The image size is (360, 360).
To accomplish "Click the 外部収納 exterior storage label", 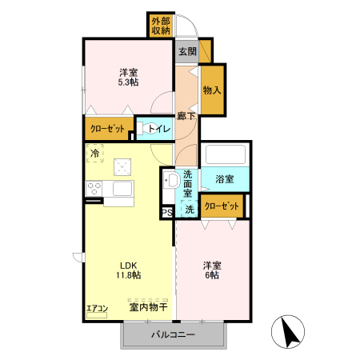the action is (x=161, y=26).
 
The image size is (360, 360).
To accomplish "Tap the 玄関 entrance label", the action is (x=187, y=51).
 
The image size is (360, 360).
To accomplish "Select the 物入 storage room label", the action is (x=212, y=90).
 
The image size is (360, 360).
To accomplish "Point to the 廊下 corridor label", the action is (x=186, y=116).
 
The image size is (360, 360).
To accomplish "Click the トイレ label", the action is (x=159, y=129).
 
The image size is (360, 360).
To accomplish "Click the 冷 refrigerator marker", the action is (x=95, y=153).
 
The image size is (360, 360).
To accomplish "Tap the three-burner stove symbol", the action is (x=94, y=188).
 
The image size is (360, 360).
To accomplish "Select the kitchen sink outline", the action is (x=122, y=188).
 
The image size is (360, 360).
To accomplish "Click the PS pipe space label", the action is (x=167, y=213).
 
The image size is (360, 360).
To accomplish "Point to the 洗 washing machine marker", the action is (x=190, y=210).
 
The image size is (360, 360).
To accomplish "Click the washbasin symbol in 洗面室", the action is (x=171, y=180).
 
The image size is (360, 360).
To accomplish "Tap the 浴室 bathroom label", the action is (x=225, y=179).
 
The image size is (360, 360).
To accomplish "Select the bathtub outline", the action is (x=226, y=154).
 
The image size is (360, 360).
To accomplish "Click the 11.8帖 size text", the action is (x=129, y=275).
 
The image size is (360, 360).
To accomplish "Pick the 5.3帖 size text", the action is (x=128, y=82).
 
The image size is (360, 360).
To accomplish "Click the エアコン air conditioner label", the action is (x=98, y=309).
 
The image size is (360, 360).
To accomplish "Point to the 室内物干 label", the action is (x=148, y=307).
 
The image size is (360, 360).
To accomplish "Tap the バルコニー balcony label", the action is (x=174, y=334).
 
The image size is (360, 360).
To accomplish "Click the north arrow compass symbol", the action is (x=288, y=331).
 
